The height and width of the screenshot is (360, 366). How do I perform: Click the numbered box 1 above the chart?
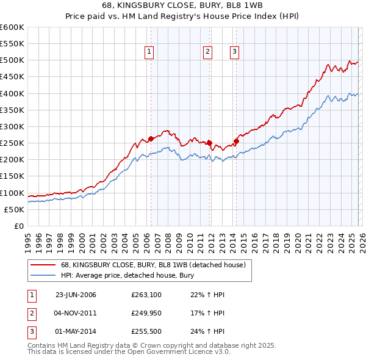point(149,52)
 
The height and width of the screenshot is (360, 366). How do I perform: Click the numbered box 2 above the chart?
point(208,52)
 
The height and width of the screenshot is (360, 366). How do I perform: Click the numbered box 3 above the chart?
point(235,52)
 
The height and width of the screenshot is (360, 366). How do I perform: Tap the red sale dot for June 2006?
point(151,139)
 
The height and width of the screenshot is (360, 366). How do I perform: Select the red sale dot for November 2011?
point(209,143)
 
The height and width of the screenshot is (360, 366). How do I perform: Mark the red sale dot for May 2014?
point(237,141)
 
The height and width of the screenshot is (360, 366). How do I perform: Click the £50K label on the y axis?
point(15,209)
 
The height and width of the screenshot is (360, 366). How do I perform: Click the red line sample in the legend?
point(43,265)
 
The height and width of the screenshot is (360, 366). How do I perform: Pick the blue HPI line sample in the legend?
point(43,275)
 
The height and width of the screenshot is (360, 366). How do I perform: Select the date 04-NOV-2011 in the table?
point(76,314)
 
